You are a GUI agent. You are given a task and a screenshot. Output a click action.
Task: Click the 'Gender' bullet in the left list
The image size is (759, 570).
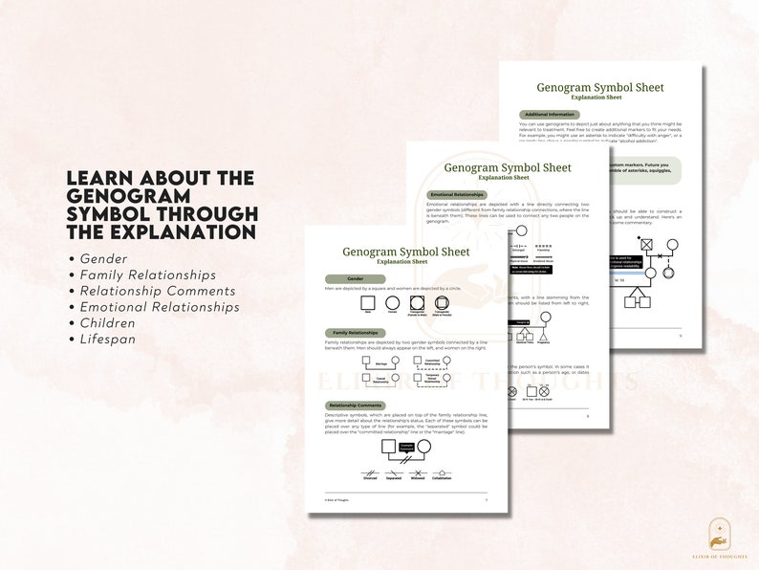click(103, 258)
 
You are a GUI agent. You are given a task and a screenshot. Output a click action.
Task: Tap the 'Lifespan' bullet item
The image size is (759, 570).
click(107, 339)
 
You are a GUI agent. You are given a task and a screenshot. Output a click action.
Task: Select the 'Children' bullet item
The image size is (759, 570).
click(109, 322)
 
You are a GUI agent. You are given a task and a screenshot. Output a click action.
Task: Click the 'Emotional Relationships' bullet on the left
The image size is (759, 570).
click(160, 307)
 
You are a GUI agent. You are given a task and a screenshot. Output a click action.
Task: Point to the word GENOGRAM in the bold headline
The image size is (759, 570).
click(119, 196)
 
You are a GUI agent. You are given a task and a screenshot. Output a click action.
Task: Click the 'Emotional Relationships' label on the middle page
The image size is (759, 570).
click(456, 194)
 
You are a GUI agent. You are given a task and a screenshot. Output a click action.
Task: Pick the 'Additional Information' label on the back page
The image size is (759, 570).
click(549, 114)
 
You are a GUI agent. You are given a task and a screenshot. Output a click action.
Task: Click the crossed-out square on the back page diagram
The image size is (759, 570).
click(647, 245)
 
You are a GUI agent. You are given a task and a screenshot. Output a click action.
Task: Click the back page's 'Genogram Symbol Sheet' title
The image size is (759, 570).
click(599, 87)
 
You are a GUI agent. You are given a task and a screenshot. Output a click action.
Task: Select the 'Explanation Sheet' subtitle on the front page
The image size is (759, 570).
click(406, 261)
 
